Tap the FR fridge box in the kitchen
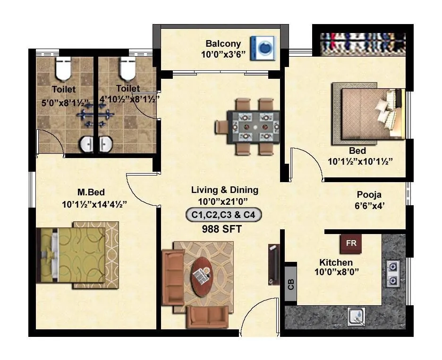(351, 243)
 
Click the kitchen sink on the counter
(356, 316)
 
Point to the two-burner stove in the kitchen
(392, 273)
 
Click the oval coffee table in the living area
(202, 276)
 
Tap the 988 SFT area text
(221, 230)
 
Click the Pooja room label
(369, 194)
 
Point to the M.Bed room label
(91, 192)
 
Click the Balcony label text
(223, 44)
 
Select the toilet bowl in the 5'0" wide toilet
(63, 69)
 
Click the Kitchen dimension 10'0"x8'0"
(336, 272)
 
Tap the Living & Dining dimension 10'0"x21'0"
(224, 201)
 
